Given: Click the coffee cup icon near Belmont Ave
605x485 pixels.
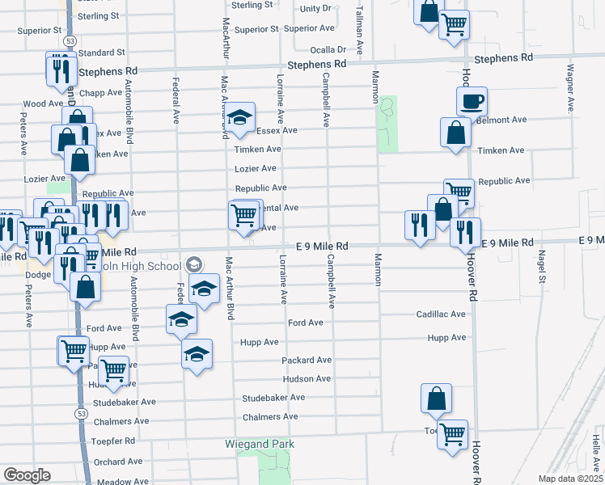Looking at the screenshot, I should (x=472, y=102).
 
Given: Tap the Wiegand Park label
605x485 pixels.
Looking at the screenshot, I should (x=258, y=444).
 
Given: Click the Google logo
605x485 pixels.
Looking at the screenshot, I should (x=27, y=475).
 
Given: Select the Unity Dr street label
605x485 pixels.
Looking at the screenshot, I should (x=315, y=8).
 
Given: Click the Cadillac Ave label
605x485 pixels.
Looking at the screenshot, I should (x=463, y=314).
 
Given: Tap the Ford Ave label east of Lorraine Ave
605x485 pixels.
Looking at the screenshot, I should (x=306, y=323).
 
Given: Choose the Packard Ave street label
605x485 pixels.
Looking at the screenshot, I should (x=307, y=360).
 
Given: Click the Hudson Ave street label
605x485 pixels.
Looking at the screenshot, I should (x=307, y=378).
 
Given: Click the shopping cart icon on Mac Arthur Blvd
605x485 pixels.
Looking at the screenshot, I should (x=243, y=216).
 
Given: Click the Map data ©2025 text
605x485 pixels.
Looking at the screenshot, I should (x=569, y=479).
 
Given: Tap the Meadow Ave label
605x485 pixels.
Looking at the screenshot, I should (x=122, y=482).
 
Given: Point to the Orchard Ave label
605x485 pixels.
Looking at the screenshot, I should (x=117, y=462).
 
